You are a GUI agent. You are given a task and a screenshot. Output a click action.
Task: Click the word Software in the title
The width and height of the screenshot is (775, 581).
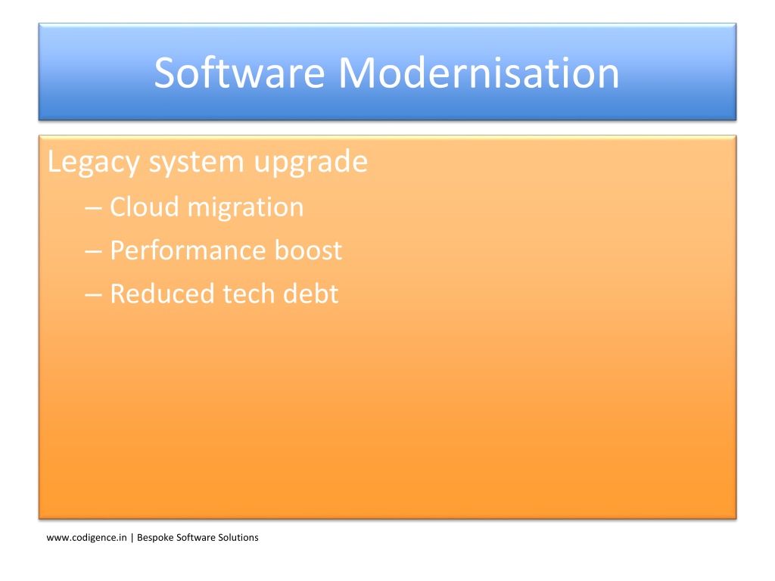pos(240,73)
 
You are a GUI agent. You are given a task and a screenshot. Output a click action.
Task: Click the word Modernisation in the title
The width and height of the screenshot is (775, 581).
pos(479,73)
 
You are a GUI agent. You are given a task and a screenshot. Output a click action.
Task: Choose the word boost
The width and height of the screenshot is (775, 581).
pos(309,250)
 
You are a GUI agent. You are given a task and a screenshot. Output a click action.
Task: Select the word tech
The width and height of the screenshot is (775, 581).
pos(248,294)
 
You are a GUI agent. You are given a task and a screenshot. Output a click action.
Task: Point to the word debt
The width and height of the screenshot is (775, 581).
pos(311,294)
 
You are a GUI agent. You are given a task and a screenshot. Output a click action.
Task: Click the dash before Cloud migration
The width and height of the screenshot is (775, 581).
pos(93,209)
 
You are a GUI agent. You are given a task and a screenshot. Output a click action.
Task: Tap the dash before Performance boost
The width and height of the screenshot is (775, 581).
pos(93,252)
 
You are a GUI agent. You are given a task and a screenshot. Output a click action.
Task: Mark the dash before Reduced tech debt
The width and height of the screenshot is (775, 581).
pos(93,296)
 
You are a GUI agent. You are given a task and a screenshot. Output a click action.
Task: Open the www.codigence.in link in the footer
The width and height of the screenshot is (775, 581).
pos(86,538)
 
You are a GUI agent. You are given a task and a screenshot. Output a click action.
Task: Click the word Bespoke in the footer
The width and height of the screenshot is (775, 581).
pos(155,538)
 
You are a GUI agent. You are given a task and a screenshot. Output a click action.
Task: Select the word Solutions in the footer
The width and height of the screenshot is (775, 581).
pos(238,538)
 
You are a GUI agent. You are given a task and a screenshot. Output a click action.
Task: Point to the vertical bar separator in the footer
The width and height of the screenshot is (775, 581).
pos(132,538)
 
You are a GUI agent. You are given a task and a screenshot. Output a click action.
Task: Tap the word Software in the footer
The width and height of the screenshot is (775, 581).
pos(196,538)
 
